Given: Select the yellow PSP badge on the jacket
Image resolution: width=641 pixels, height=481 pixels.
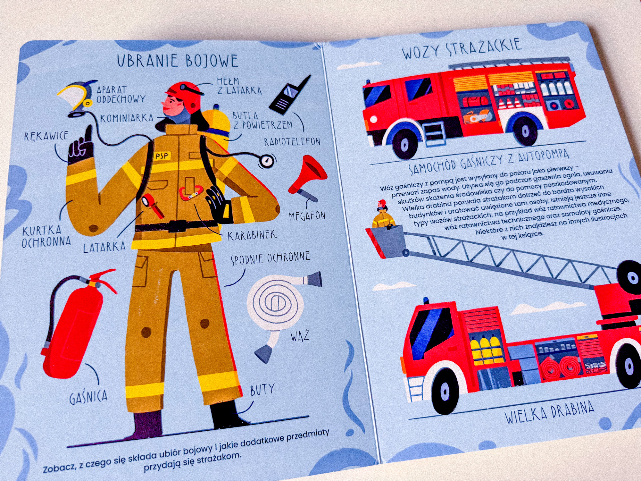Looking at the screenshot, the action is (162, 156).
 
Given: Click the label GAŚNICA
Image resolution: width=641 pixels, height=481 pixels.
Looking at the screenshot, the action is (88, 397).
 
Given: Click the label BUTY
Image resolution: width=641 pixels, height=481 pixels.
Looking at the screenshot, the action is (262, 390).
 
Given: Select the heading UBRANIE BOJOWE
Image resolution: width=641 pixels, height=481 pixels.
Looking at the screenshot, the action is (178, 61).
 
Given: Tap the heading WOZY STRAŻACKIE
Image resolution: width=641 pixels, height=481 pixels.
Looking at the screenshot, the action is (462, 49).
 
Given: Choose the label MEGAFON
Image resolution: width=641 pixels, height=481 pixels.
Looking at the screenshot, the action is (307, 216).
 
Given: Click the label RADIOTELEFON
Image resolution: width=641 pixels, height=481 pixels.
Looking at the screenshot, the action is (292, 142).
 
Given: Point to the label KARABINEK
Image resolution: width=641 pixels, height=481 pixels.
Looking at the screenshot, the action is (252, 235).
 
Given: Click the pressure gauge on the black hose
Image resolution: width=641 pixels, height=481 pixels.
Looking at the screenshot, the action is (267, 161).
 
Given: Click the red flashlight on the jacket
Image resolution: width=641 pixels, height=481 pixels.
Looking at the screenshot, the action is (153, 205).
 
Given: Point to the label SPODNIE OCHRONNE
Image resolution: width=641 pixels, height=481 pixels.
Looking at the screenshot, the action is (270, 258).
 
